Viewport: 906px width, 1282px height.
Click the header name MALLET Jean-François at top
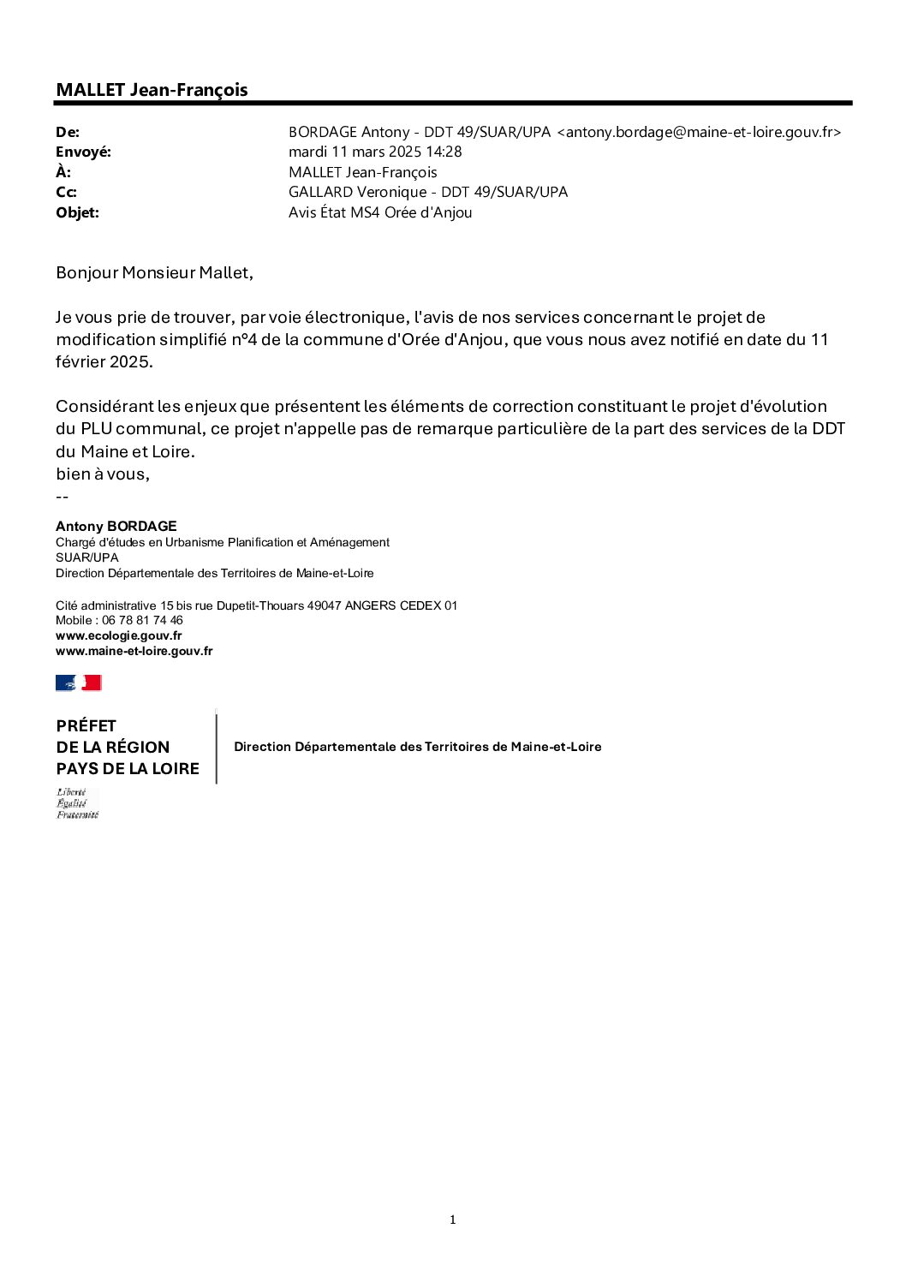pyautogui.click(x=152, y=90)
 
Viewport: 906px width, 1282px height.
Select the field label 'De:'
pyautogui.click(x=68, y=132)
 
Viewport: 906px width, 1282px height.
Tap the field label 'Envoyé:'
pyautogui.click(x=83, y=152)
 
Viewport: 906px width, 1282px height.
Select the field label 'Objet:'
pyautogui.click(x=77, y=212)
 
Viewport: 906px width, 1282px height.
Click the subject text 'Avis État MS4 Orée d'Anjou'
pyautogui.click(x=380, y=212)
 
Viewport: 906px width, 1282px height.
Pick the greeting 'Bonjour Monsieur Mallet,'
pyautogui.click(x=154, y=273)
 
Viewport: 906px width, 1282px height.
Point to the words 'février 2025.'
pyautogui.click(x=104, y=361)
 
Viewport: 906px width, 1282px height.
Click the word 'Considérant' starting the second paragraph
pyautogui.click(x=104, y=406)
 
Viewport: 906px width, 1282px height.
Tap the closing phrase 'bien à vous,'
pyautogui.click(x=103, y=474)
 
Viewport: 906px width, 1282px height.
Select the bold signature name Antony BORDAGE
pyautogui.click(x=116, y=526)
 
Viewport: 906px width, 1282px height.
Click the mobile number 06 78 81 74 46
pyautogui.click(x=142, y=620)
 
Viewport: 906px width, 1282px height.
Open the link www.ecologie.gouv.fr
pyautogui.click(x=118, y=635)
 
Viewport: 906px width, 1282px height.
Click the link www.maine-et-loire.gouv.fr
pyautogui.click(x=134, y=651)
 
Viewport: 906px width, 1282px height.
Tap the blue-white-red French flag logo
pyautogui.click(x=79, y=683)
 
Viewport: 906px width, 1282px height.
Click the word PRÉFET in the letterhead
pyautogui.click(x=86, y=725)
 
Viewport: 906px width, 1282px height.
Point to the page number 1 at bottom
pyautogui.click(x=452, y=1219)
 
